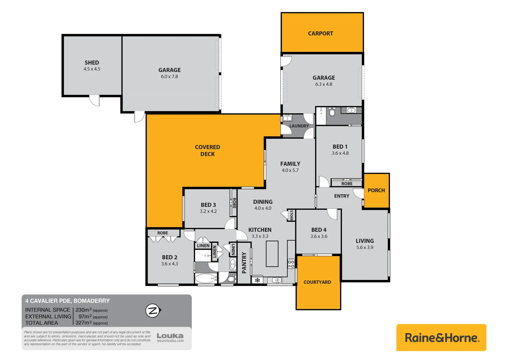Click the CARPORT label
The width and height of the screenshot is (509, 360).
point(320,33)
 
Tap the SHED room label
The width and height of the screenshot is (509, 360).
point(92,63)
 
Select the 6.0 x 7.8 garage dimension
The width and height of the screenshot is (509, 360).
point(169,77)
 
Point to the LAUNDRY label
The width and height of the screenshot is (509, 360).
point(299,126)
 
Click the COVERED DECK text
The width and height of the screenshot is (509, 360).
point(208,150)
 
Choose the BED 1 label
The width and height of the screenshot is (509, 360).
point(340,147)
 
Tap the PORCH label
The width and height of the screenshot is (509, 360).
point(376,190)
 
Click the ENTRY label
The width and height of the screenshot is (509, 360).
point(341,196)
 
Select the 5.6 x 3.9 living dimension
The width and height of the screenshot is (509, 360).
point(365,247)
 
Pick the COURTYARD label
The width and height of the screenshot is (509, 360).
point(317,282)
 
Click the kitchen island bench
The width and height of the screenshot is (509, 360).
point(272,254)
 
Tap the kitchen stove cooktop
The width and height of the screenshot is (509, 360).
point(291,264)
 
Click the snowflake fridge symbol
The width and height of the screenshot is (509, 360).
point(257,280)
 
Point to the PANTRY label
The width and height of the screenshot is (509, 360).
point(244,263)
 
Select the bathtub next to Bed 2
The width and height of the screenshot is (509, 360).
point(206,279)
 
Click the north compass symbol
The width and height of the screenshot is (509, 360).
point(153,311)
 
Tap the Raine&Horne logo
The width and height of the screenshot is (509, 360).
point(441,338)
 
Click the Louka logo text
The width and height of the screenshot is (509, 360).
point(170,336)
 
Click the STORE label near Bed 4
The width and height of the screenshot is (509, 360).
point(291,215)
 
